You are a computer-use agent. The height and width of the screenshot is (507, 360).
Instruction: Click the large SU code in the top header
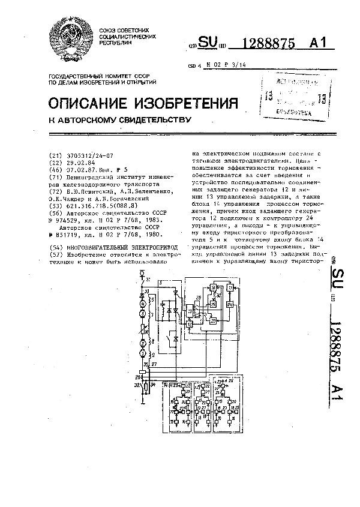point(208,43)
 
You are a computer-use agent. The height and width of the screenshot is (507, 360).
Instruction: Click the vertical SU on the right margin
point(340,265)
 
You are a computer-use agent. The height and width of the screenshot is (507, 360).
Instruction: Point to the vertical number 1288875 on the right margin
point(339,351)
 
